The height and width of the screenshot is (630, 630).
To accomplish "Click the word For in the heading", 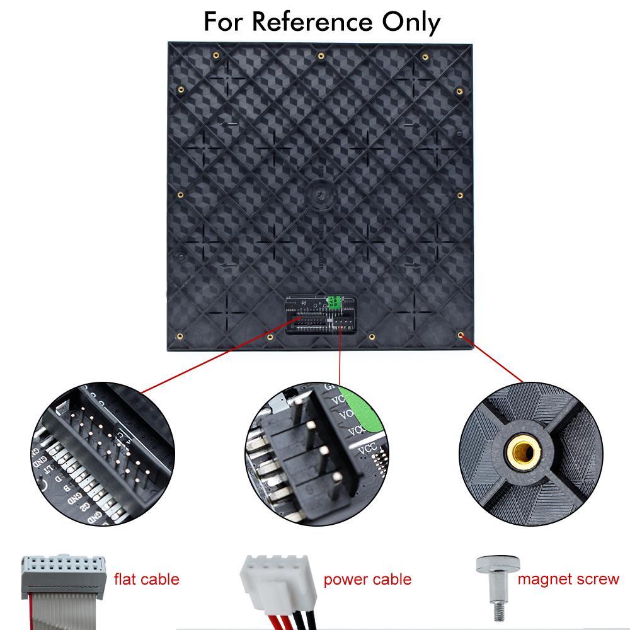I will (224, 22).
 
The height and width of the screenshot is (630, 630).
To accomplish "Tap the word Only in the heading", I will (410, 22).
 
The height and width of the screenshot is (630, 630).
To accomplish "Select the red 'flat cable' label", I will (146, 579).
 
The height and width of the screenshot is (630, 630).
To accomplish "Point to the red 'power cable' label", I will (367, 579).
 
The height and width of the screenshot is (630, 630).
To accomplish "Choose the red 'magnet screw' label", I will (568, 578).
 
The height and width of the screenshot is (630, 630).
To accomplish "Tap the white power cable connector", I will (275, 575).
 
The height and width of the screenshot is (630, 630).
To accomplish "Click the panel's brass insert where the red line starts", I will (461, 335).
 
